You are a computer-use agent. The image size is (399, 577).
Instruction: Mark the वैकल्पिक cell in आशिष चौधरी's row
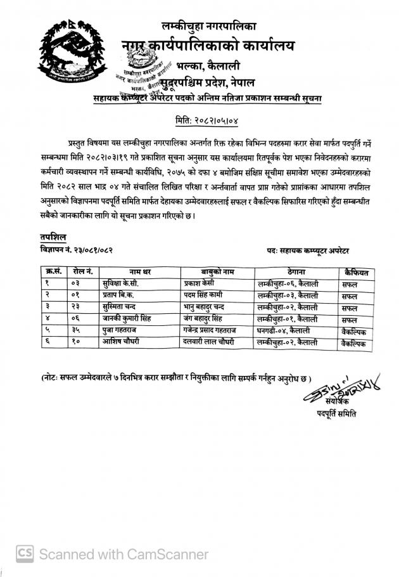pos(353,342)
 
